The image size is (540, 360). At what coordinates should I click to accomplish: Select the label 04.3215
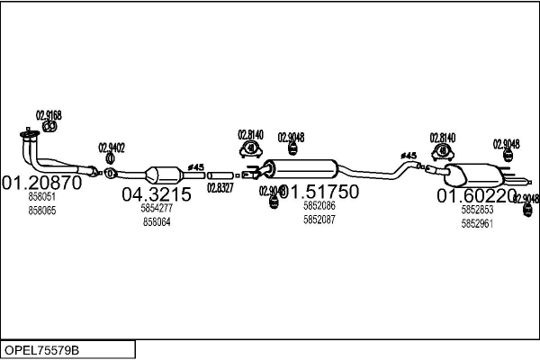click(157, 194)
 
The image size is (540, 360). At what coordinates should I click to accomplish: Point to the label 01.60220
click(476, 195)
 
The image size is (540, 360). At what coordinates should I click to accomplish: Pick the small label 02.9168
click(49, 114)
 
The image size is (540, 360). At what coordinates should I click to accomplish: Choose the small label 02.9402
click(112, 148)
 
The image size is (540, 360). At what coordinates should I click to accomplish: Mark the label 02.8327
click(220, 187)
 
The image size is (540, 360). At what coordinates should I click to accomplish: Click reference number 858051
click(41, 196)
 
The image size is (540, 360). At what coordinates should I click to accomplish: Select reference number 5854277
click(156, 208)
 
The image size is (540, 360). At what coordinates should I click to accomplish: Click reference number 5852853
click(476, 209)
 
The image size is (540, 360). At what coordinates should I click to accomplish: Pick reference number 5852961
click(476, 222)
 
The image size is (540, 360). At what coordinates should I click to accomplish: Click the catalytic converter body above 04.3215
click(162, 174)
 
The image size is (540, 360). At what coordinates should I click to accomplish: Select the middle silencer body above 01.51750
click(301, 168)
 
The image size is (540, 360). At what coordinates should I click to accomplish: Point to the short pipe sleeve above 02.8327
click(220, 175)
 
